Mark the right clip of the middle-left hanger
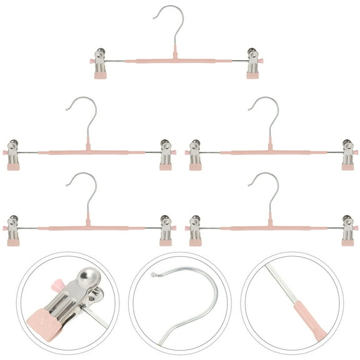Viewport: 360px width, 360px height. [166, 154]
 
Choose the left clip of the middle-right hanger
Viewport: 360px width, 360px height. [195, 154]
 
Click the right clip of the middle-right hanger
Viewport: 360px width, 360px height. [347, 154]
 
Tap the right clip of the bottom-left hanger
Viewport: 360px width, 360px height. [166, 230]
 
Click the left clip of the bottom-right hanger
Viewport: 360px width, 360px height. [195, 230]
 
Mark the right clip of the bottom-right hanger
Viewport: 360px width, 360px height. [347, 230]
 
